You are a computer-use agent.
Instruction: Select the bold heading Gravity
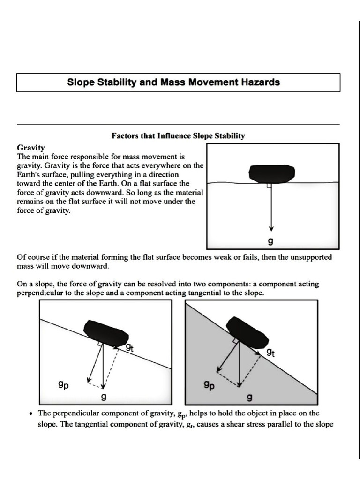[x=30, y=148]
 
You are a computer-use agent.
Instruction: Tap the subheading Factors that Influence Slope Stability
[x=178, y=135]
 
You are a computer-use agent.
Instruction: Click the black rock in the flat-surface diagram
[x=272, y=174]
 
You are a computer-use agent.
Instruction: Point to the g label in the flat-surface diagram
[x=270, y=241]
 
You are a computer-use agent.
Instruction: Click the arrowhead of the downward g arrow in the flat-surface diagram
[x=271, y=228]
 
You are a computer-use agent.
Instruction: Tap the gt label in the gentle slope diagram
[x=129, y=347]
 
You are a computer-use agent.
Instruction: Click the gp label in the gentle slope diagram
[x=63, y=385]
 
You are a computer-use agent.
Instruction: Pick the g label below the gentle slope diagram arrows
[x=104, y=397]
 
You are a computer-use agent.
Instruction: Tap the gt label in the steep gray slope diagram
[x=270, y=353]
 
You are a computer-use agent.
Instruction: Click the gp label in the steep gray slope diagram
[x=209, y=385]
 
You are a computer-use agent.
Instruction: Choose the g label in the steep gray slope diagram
[x=249, y=397]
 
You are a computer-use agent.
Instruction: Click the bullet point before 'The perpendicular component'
[x=30, y=414]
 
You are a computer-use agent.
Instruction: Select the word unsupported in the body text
[x=311, y=257]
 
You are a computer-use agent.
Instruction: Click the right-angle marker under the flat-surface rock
[x=269, y=185]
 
